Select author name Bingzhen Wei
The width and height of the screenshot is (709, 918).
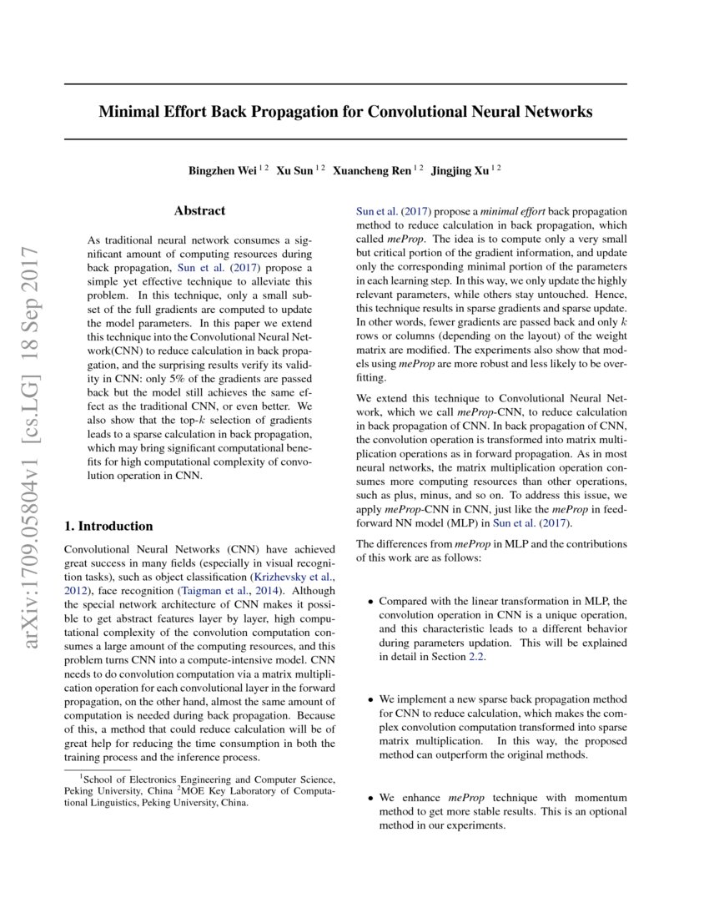click(x=222, y=170)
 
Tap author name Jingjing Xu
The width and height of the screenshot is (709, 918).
click(x=460, y=170)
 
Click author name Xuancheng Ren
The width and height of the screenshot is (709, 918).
click(x=371, y=170)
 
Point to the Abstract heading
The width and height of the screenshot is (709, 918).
click(x=199, y=211)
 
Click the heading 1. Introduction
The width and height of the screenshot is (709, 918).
click(x=108, y=526)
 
